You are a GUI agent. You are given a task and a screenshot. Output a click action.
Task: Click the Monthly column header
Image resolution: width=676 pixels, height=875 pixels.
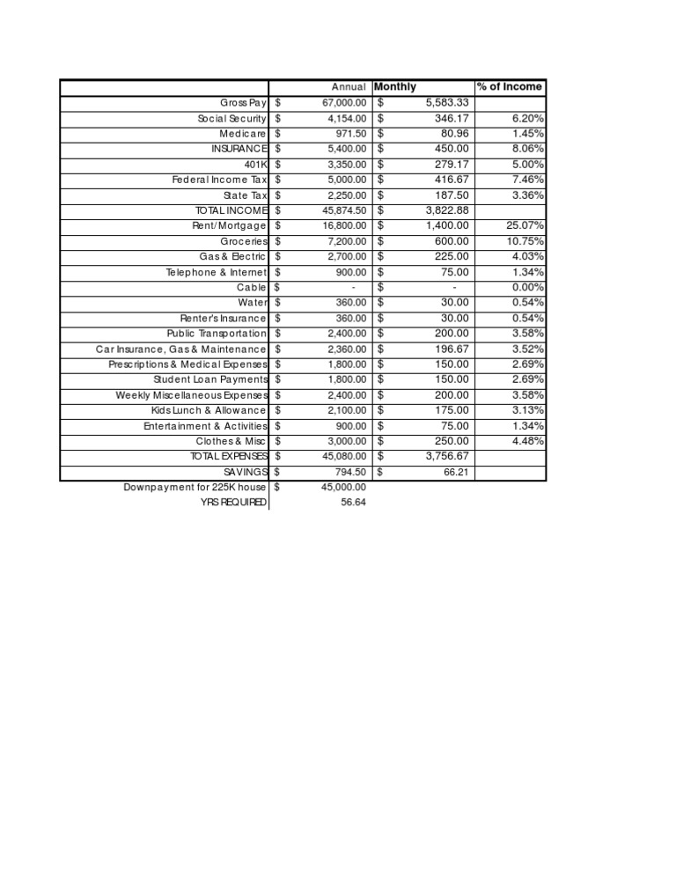point(395,86)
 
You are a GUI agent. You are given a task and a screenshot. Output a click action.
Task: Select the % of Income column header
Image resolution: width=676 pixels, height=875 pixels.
point(510,86)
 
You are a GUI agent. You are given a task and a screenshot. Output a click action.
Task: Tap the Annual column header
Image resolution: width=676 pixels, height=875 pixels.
point(349,87)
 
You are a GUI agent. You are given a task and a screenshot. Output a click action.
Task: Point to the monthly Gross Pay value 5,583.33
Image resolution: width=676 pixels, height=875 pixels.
point(445,103)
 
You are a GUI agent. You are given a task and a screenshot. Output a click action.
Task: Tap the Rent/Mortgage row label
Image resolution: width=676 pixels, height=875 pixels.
point(230,226)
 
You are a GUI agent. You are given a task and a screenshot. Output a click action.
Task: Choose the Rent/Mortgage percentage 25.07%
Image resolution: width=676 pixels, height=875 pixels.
point(525,226)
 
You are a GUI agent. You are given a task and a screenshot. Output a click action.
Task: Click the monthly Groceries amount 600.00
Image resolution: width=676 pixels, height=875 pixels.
point(452,241)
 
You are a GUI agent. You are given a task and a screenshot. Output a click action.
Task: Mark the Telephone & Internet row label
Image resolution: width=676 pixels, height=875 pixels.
point(216,272)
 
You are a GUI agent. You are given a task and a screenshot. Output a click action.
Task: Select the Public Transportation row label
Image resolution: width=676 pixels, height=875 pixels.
point(216,334)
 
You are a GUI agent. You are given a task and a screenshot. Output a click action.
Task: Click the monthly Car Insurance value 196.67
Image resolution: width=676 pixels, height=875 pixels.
point(452,349)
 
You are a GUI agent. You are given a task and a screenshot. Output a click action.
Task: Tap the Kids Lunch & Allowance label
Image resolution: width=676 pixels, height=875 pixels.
point(208,410)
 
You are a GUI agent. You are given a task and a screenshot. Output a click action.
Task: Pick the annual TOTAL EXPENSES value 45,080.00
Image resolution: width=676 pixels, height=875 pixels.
point(338,456)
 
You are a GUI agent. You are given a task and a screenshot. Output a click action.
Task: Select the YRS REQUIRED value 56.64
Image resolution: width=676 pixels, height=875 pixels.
point(352,503)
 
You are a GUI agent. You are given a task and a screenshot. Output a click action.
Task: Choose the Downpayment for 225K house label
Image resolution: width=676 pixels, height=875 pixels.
point(195,487)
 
